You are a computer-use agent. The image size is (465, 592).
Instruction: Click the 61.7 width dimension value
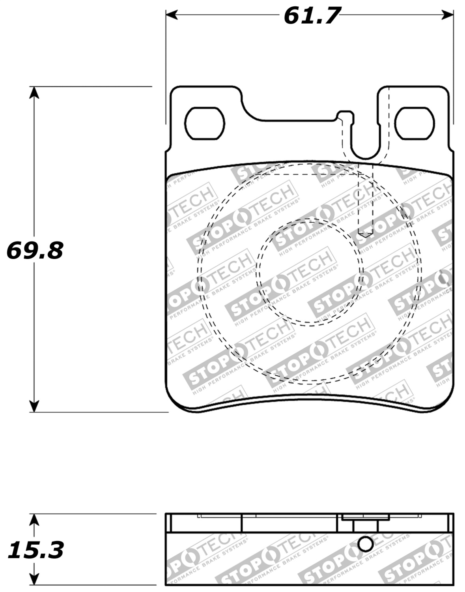pyautogui.click(x=311, y=16)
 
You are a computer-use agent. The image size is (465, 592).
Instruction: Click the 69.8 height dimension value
pyautogui.click(x=35, y=250)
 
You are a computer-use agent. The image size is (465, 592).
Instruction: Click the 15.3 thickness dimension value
pyautogui.click(x=36, y=550)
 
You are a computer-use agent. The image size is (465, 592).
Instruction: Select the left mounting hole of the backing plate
pyautogui.click(x=205, y=123)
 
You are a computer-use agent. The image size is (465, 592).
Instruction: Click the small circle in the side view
pyautogui.click(x=366, y=544)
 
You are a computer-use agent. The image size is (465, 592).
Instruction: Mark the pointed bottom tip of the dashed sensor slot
pyautogui.click(x=366, y=236)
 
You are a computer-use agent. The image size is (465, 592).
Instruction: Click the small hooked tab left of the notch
pyautogui.click(x=344, y=115)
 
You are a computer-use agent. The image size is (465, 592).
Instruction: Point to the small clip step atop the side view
pyautogui.click(x=366, y=518)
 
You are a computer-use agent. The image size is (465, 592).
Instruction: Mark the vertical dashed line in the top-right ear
pyautogui.click(x=389, y=118)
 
